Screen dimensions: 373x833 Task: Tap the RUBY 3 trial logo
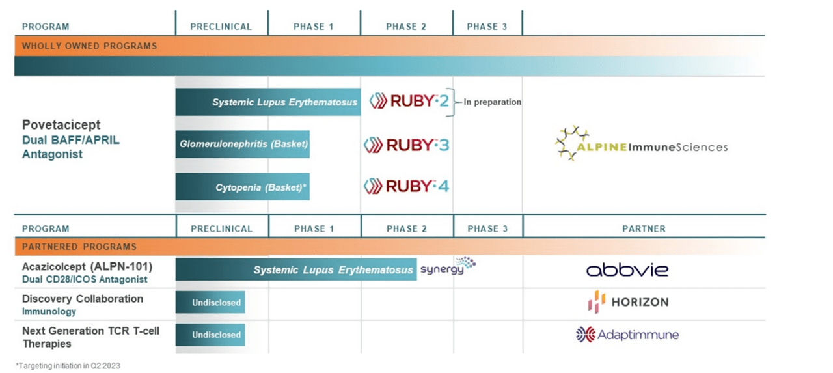(406, 145)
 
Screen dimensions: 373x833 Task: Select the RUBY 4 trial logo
(406, 186)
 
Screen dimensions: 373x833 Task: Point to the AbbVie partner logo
(627, 269)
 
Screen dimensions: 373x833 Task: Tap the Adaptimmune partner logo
(627, 335)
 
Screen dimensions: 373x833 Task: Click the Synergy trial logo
(448, 268)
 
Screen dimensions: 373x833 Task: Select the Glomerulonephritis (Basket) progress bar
(242, 144)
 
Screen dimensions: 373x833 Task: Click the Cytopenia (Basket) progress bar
(242, 187)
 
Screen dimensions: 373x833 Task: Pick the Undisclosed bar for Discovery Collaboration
(210, 302)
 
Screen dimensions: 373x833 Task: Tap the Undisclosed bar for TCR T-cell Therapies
(210, 335)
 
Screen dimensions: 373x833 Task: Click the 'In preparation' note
(492, 102)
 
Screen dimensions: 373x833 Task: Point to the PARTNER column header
(643, 228)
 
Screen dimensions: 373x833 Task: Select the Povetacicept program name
(61, 124)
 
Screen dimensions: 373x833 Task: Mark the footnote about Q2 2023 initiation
(68, 366)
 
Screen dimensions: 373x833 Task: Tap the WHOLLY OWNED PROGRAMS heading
(89, 46)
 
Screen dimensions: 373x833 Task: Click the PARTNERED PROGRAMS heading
(79, 247)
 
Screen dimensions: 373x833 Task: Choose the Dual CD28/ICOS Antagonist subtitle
(85, 279)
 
